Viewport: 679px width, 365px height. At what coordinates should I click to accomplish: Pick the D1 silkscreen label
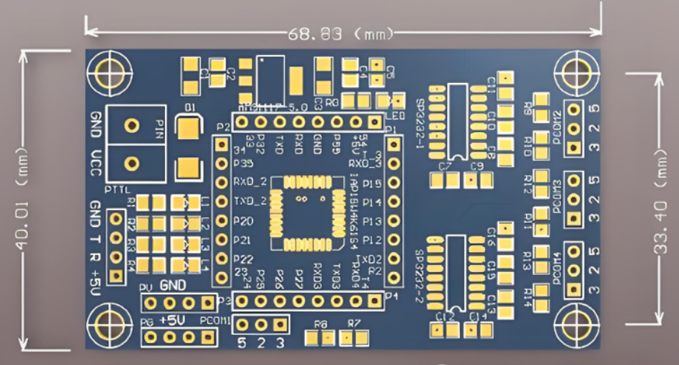click(189, 107)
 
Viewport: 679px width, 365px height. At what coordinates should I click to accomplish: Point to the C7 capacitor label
click(446, 166)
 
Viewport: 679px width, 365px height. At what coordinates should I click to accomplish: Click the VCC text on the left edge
click(96, 164)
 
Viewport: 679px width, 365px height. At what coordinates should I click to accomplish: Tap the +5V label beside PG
click(174, 321)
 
